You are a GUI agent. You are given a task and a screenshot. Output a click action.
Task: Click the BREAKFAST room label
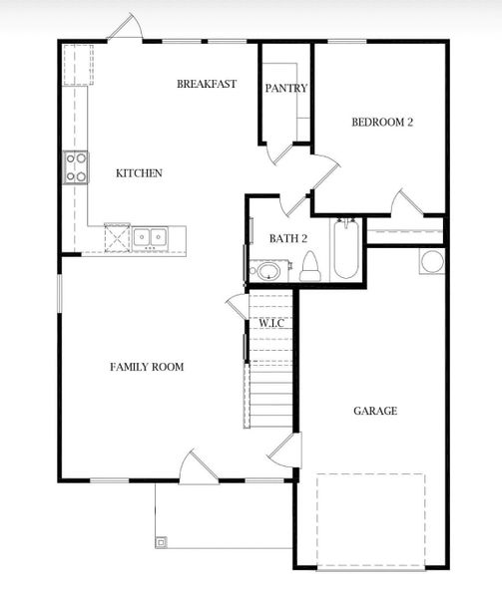(207, 84)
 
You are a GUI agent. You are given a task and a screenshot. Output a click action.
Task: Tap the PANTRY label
(285, 88)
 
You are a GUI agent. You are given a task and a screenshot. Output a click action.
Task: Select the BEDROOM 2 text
(382, 123)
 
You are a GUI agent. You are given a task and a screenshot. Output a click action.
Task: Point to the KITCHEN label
(139, 173)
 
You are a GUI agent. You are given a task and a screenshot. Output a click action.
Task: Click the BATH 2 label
(288, 237)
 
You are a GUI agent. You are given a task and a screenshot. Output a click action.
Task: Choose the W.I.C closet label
(271, 324)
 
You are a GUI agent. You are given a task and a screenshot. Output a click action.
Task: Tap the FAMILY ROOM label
(147, 367)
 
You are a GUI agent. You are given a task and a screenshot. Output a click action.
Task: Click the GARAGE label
(375, 411)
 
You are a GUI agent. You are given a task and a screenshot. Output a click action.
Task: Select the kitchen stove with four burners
(76, 167)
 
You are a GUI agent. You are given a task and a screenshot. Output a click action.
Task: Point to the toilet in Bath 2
(309, 267)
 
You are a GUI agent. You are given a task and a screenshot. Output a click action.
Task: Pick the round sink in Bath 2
(266, 270)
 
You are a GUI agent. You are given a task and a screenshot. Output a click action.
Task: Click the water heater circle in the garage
(433, 262)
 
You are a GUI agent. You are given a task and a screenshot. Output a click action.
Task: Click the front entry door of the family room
(198, 466)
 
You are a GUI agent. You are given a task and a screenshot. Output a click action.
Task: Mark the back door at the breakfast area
(125, 30)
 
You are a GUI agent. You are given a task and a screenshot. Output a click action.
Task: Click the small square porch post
(162, 542)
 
